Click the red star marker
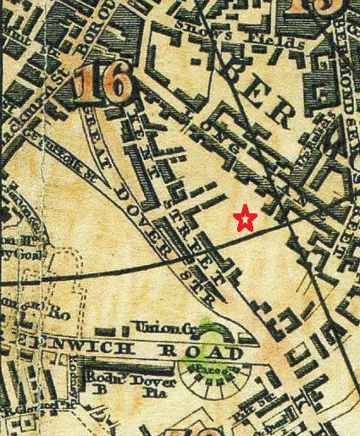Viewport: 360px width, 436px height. pos(245,219)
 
